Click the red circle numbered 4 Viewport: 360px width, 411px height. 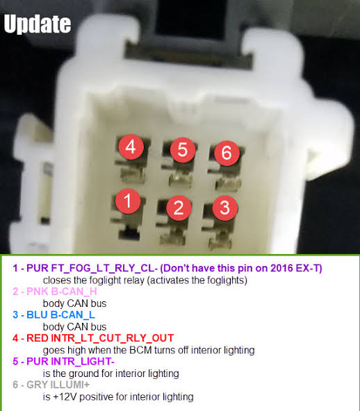[x=131, y=146]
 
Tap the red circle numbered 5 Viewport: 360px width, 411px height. [x=183, y=150]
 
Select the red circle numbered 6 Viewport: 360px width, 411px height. [x=227, y=153]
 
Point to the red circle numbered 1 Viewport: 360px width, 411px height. [x=128, y=201]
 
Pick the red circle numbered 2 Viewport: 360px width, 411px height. [x=179, y=208]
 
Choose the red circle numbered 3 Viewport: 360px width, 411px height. [x=225, y=208]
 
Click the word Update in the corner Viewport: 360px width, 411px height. [x=38, y=24]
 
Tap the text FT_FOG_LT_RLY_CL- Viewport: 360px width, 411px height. [x=104, y=268]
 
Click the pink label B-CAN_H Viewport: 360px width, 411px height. [x=74, y=292]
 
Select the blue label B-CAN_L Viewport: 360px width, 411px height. [x=72, y=314]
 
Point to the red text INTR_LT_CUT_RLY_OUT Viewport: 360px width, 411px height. [x=113, y=338]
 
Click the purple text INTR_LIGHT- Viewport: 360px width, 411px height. [x=83, y=362]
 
